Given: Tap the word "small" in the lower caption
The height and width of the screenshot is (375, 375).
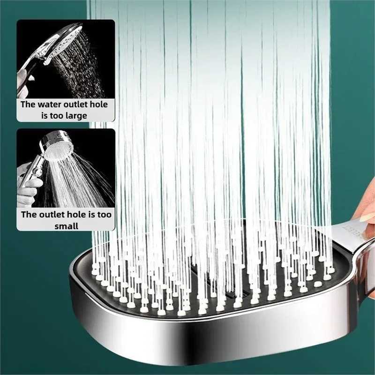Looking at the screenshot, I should point(66,225).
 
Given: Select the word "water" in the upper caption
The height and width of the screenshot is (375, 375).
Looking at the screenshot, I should point(52,105).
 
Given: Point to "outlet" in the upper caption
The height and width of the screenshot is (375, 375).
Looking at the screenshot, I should point(77,105).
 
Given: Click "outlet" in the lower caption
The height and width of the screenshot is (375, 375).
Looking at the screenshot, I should point(52,215).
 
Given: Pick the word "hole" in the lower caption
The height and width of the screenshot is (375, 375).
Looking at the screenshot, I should point(75,215).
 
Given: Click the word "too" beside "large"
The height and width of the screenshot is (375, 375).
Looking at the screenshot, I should point(56,115).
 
